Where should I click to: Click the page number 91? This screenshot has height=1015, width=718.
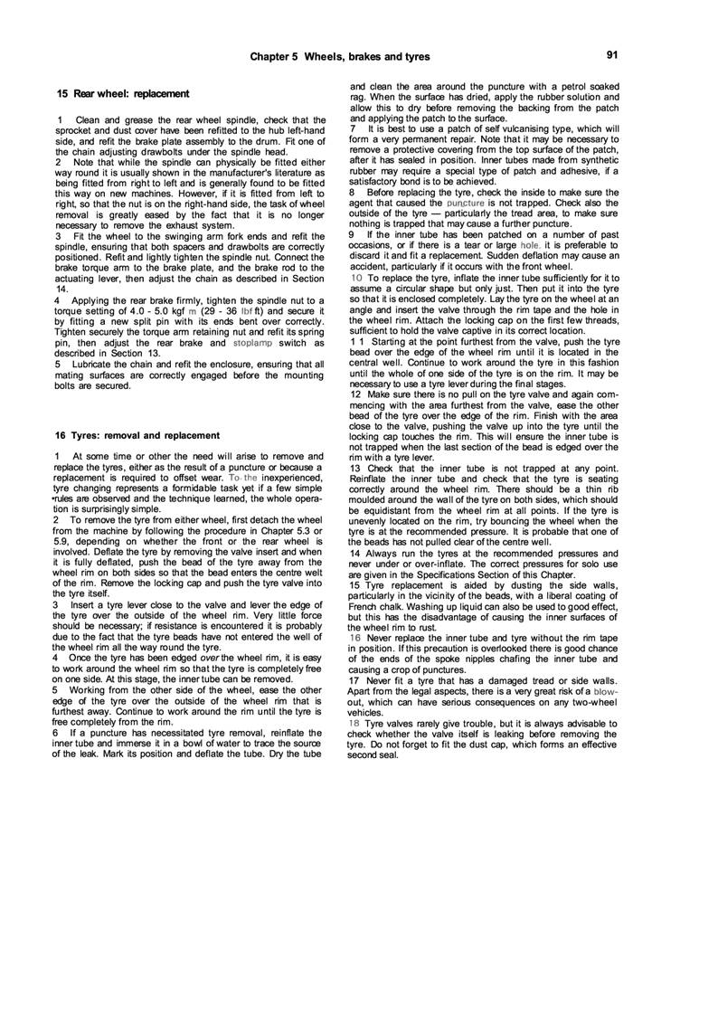click(612, 55)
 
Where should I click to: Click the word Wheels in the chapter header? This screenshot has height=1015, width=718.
click(347, 57)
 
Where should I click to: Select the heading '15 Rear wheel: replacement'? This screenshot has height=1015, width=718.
click(123, 93)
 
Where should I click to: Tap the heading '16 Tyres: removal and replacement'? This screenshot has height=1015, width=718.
click(137, 435)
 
